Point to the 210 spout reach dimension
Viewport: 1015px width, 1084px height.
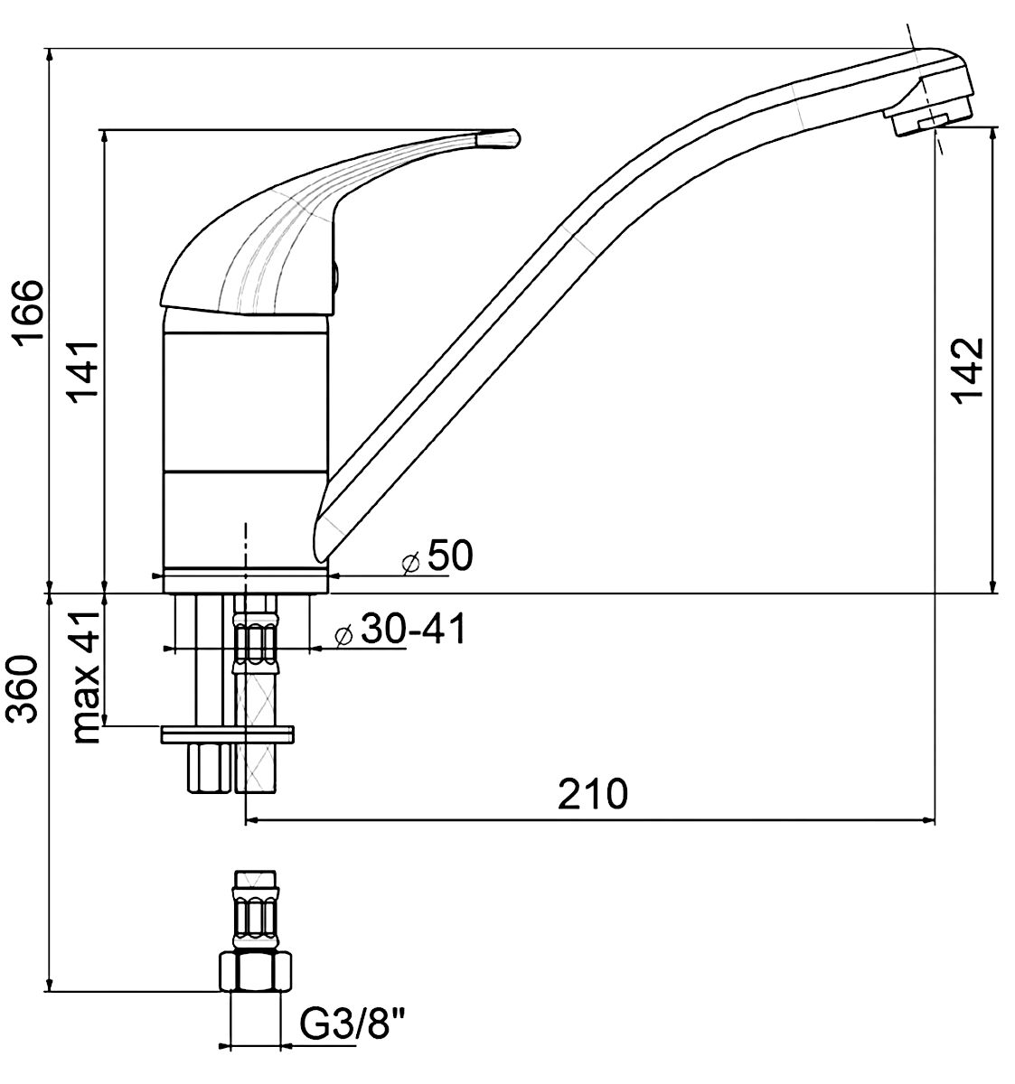tap(592, 794)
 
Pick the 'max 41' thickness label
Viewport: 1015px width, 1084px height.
tap(85, 677)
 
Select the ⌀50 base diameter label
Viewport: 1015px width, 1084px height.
tap(437, 556)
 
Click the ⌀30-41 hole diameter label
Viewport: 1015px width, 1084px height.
tap(399, 630)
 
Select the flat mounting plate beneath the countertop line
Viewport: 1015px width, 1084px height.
tap(227, 734)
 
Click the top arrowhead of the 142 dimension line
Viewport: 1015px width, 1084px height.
tap(992, 134)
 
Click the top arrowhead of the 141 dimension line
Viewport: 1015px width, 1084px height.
tap(103, 136)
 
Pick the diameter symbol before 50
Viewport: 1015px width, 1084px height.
tap(410, 562)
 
